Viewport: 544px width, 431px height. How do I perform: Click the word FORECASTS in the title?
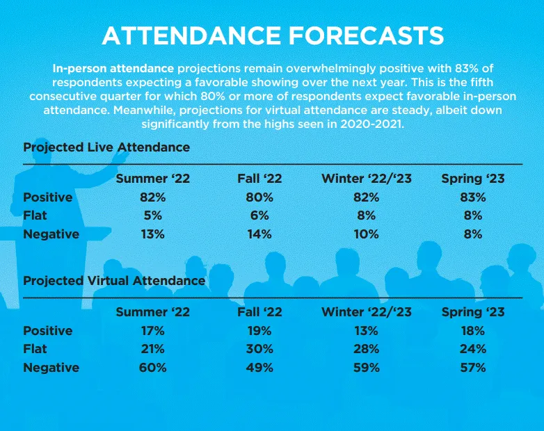click(x=366, y=35)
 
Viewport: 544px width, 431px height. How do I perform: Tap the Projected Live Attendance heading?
click(x=106, y=147)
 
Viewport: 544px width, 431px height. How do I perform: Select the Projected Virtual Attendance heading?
click(x=114, y=281)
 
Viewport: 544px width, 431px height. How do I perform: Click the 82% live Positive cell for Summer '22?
click(x=152, y=197)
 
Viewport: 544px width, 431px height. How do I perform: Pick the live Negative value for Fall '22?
click(x=259, y=234)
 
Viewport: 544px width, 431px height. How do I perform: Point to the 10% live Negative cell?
click(x=367, y=234)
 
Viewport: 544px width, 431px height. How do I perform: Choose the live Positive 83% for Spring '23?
click(x=473, y=197)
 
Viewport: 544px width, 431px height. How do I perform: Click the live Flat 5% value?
click(x=152, y=215)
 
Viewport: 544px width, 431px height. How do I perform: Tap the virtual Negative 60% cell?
click(x=152, y=368)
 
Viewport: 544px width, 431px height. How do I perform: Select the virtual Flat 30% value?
click(x=259, y=349)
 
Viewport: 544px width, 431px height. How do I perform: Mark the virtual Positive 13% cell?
click(x=367, y=331)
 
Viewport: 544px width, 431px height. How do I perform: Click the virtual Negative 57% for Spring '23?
click(x=473, y=368)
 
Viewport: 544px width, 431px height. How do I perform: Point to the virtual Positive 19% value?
click(x=259, y=331)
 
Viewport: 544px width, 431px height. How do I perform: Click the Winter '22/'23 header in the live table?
click(x=367, y=179)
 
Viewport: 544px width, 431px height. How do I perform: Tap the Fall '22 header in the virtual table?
click(x=259, y=312)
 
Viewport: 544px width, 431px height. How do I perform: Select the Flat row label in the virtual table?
click(x=35, y=349)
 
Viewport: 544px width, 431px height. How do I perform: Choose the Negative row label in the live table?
click(x=51, y=234)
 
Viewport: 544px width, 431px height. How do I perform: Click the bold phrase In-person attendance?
click(x=113, y=69)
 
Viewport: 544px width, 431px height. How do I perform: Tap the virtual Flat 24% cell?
click(x=473, y=349)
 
